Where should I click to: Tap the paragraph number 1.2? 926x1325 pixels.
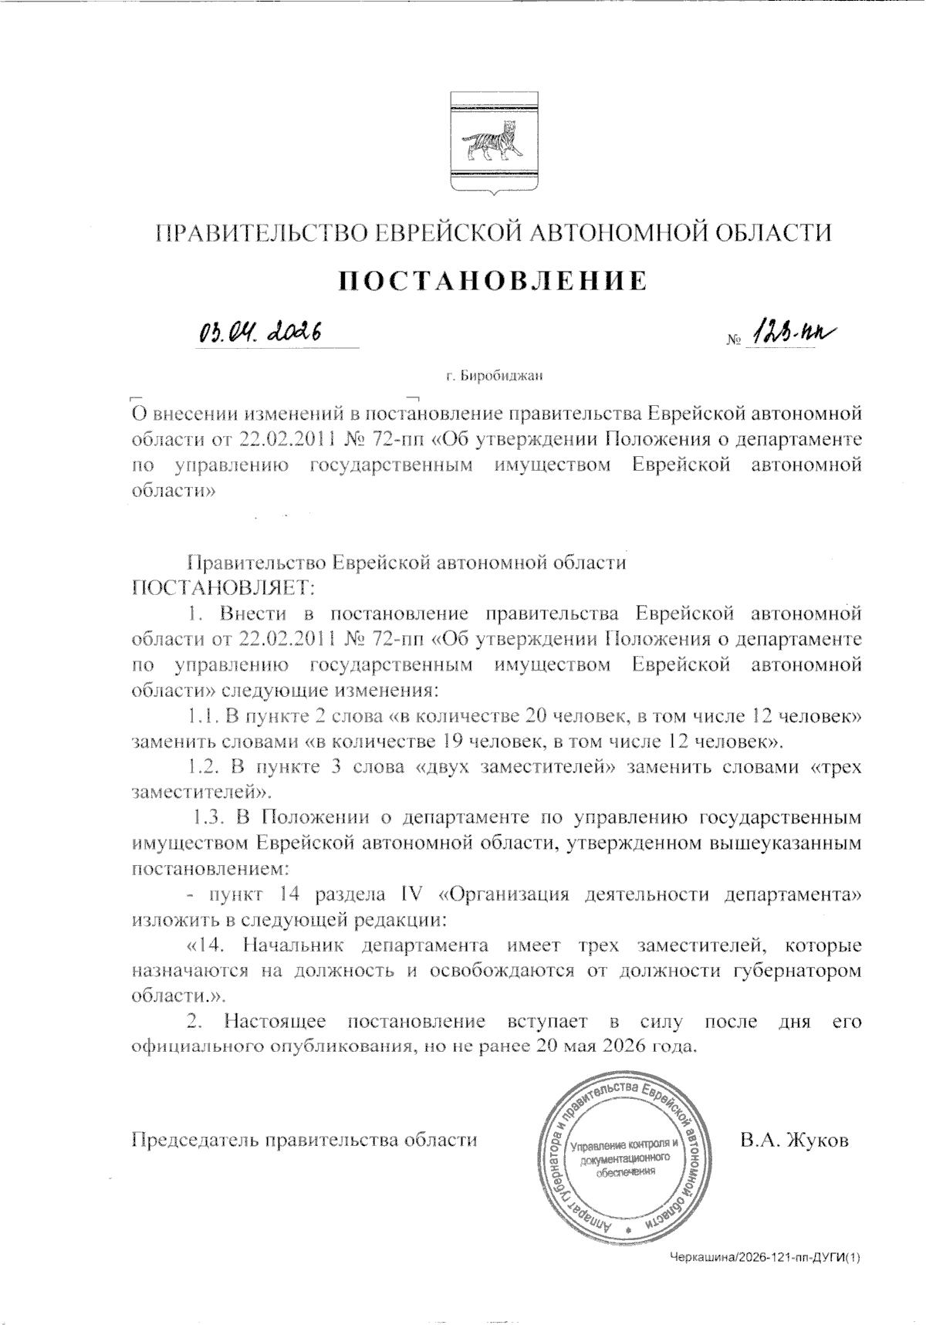point(204,768)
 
